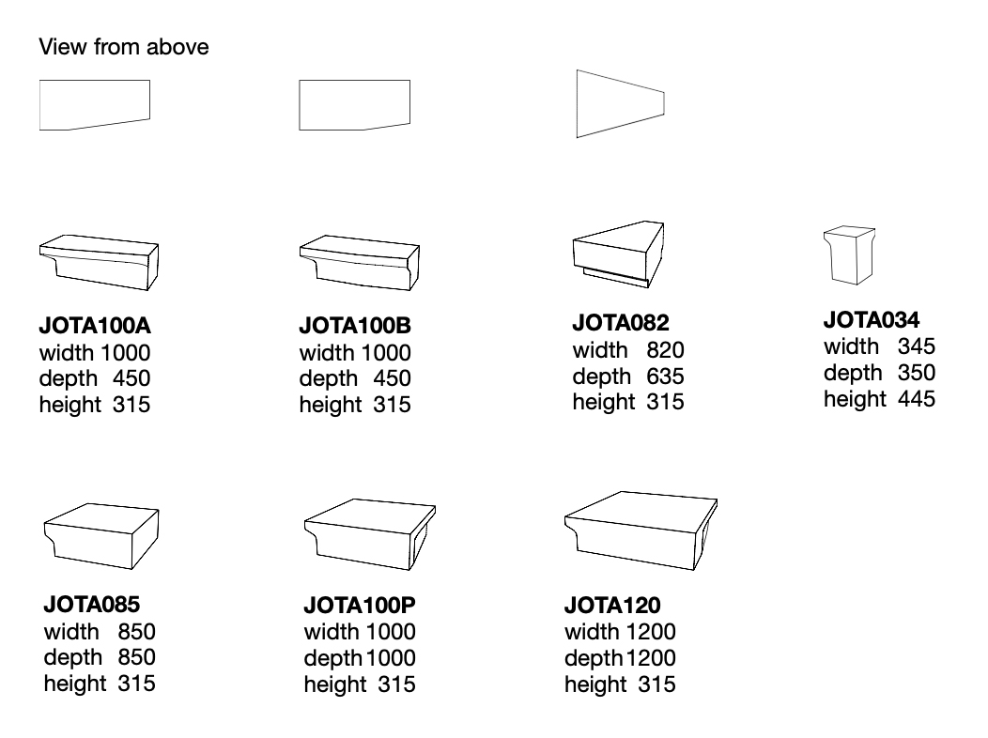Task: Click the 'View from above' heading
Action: point(124,47)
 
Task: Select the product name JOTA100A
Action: point(95,326)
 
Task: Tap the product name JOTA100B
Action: point(355,326)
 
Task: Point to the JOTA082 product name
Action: point(621,323)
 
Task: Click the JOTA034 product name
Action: point(872,320)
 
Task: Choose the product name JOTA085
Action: point(92,605)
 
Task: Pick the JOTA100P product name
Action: point(360,605)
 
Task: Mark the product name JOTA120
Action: point(612,605)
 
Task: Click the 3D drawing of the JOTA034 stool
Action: point(849,255)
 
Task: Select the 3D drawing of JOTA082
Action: point(618,254)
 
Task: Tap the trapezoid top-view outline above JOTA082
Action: point(621,104)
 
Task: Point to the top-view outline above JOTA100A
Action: point(95,105)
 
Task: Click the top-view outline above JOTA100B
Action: point(355,105)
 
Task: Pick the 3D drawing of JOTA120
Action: point(641,530)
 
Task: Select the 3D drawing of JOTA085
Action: point(101,536)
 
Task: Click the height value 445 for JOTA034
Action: point(917,399)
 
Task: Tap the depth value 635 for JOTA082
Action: point(665,376)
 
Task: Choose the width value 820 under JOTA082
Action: point(665,350)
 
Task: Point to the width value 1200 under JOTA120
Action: point(651,632)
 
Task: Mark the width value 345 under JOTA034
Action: point(917,346)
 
